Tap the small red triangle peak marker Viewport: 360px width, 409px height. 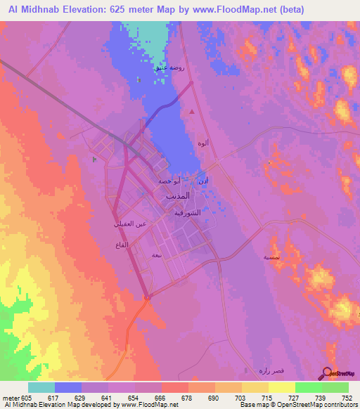pyautogui.click(x=192, y=110)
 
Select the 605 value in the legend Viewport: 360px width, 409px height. pyautogui.click(x=27, y=397)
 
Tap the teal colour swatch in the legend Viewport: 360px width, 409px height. pyautogui.click(x=41, y=387)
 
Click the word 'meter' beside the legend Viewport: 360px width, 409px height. pyautogui.click(x=10, y=397)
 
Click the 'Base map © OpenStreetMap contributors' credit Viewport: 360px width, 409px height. pyautogui.click(x=298, y=405)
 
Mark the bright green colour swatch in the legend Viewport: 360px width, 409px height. pyautogui.click(x=308, y=387)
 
